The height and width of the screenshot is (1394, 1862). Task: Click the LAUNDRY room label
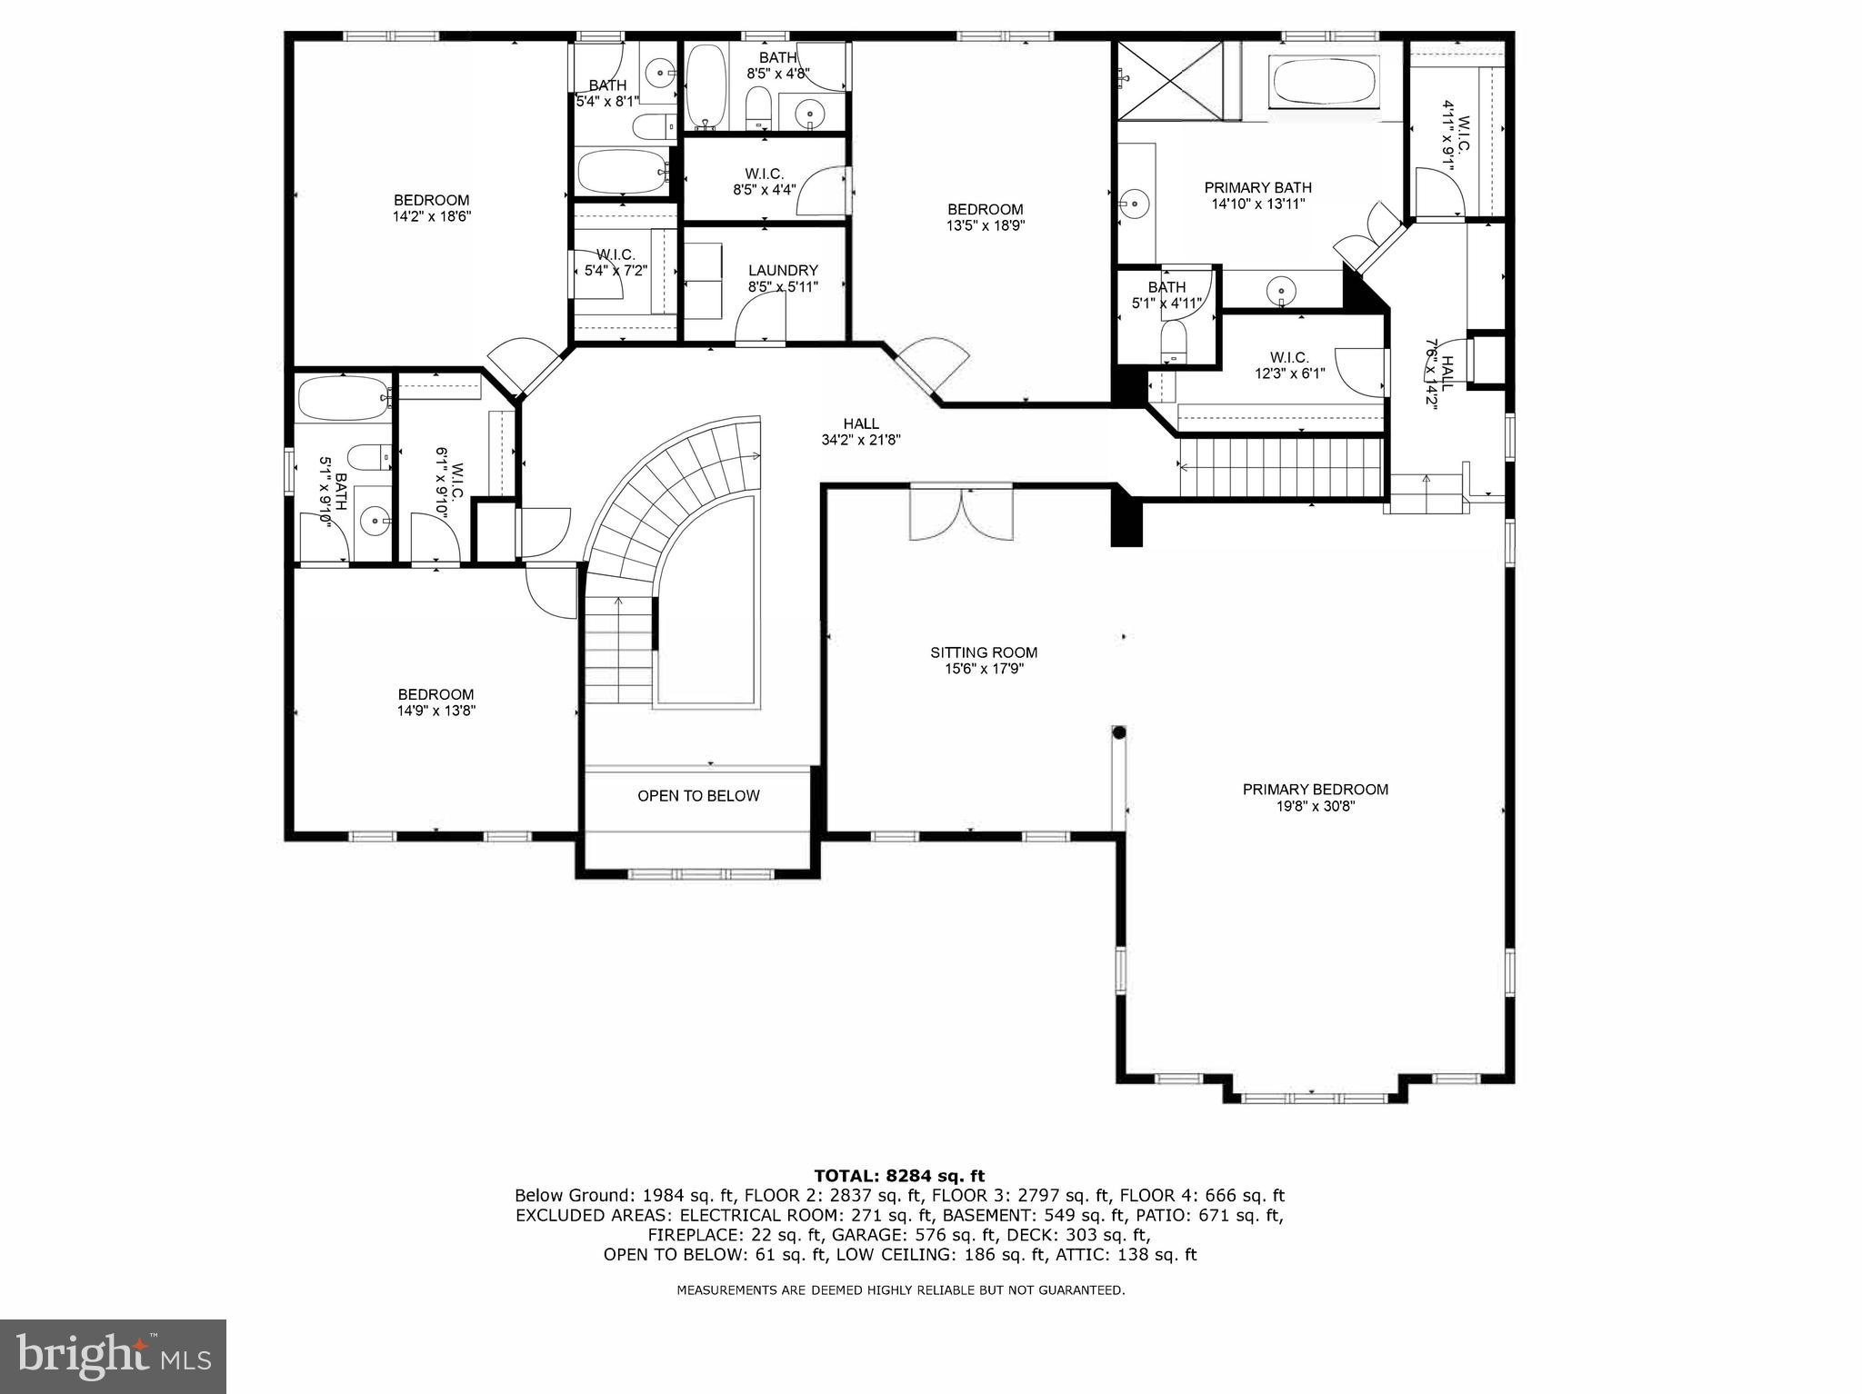[x=783, y=271]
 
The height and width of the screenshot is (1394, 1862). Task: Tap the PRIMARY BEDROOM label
[x=1315, y=790]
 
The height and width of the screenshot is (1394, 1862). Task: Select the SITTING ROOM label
[x=983, y=652]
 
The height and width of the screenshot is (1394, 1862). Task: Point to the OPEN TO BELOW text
[x=697, y=796]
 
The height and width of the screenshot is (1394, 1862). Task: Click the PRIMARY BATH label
[x=1257, y=188]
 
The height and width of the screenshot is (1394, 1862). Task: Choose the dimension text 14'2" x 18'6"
[x=431, y=217]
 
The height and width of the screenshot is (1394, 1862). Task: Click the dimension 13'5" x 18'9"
[x=985, y=226]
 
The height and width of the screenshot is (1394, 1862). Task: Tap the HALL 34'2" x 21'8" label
[x=860, y=432]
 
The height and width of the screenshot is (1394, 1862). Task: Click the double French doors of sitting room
[x=961, y=514]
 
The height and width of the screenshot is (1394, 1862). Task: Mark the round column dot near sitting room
[x=1119, y=732]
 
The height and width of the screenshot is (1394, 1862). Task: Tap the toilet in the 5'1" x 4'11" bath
[x=1174, y=344]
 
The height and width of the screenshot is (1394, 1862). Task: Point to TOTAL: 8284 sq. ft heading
[x=898, y=1176]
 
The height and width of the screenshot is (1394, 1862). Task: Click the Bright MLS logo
[x=113, y=1355]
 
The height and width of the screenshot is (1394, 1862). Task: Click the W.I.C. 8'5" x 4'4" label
[x=764, y=182]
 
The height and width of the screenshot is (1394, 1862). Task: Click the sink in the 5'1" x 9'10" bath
[x=374, y=522]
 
